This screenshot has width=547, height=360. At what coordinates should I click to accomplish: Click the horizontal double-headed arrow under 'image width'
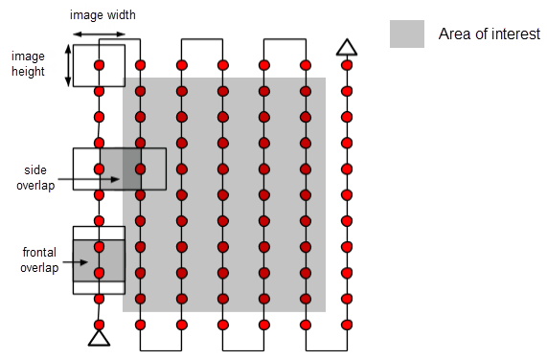tap(99, 34)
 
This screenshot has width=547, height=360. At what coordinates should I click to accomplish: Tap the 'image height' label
tap(28, 63)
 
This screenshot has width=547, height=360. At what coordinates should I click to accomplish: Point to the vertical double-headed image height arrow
tap(68, 64)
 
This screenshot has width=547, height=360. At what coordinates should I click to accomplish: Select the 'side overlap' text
tap(35, 177)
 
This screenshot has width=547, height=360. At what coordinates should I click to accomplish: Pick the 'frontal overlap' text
tap(40, 259)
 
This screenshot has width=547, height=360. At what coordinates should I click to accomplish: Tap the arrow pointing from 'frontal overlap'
tap(82, 260)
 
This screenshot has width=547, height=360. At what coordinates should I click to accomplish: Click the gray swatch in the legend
tap(406, 34)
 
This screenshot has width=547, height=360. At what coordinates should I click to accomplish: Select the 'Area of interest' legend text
tap(489, 34)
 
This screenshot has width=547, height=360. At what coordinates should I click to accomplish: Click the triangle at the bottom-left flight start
tap(99, 337)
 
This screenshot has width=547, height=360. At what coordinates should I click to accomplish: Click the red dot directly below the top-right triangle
tap(347, 65)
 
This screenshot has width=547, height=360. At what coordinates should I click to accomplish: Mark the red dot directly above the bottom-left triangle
tap(99, 325)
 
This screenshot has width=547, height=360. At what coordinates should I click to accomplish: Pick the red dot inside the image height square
tap(99, 65)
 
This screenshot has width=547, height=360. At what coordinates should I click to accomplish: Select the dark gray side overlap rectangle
tap(121, 169)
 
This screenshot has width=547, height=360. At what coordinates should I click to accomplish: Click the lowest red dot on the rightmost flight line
tap(347, 325)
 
